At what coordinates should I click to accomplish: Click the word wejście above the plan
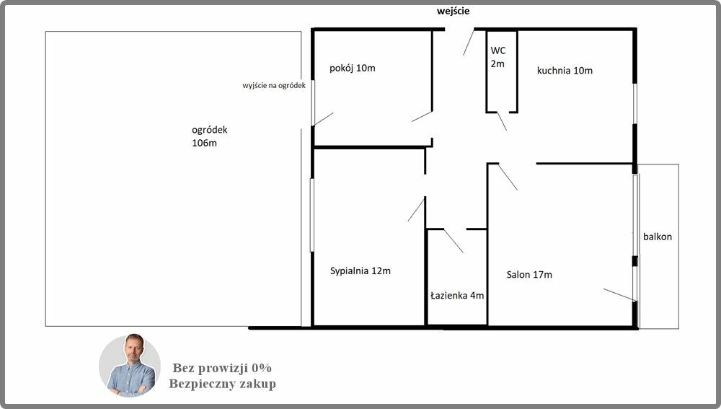point(453,11)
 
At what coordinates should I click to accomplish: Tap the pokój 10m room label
point(353,68)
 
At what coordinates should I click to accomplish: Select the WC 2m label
point(498,57)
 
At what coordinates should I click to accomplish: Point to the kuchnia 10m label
point(565,71)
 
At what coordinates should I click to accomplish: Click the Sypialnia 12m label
point(360,271)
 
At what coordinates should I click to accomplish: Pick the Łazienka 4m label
point(457,295)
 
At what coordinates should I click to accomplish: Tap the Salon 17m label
point(529,275)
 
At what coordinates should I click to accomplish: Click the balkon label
point(658,237)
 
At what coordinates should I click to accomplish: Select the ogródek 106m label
point(210,136)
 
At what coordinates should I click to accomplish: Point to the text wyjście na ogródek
point(274,86)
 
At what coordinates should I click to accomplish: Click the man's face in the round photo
point(134,350)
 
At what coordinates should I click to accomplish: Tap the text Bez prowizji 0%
point(222,368)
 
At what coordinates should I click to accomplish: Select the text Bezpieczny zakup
point(222,384)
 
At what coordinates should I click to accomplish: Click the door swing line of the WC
point(502,121)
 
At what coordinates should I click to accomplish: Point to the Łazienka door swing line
point(454,241)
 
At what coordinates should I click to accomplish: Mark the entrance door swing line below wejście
point(469,43)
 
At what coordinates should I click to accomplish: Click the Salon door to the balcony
point(620,295)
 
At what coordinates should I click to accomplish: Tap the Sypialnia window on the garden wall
point(311,215)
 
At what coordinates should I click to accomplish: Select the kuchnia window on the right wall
point(634,104)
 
